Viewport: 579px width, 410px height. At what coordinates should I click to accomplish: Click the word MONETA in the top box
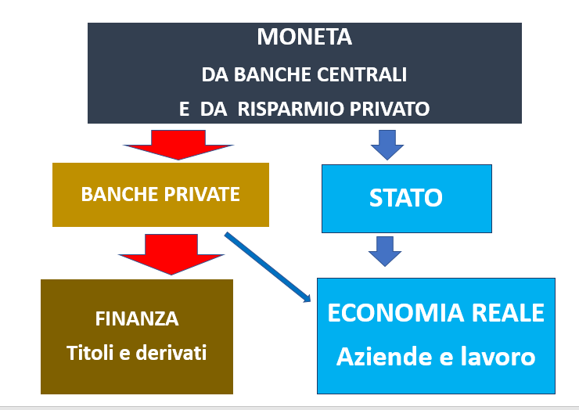(x=304, y=37)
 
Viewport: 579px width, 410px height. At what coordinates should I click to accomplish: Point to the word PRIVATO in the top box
(x=390, y=109)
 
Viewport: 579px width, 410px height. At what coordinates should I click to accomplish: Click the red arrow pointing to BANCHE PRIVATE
(x=178, y=145)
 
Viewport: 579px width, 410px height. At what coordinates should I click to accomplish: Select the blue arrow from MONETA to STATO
(x=387, y=145)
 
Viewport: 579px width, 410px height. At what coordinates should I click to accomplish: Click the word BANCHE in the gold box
(x=120, y=194)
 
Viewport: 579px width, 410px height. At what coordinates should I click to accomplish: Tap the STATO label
(x=406, y=198)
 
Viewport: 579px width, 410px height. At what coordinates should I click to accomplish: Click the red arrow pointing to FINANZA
(x=171, y=254)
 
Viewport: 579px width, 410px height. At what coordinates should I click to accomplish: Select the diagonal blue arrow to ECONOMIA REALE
(x=268, y=267)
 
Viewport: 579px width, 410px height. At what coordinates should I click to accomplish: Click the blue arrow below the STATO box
(x=385, y=251)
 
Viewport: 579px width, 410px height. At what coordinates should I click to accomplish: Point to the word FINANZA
(x=137, y=318)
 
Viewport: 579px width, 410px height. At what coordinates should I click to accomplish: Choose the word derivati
(x=171, y=353)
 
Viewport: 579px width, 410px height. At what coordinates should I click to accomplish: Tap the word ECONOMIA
(x=395, y=313)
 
